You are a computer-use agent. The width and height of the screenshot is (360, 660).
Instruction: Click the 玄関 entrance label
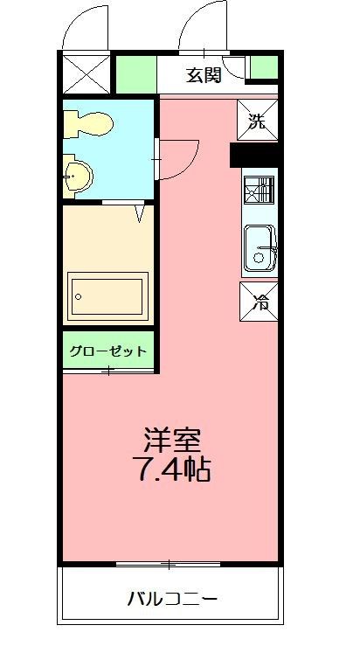203,75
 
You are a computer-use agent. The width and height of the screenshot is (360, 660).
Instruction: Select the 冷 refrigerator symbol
260,302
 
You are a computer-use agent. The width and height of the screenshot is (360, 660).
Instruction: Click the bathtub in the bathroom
107,295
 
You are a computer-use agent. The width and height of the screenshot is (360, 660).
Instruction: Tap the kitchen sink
260,247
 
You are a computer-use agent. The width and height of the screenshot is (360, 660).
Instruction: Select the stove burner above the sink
259,189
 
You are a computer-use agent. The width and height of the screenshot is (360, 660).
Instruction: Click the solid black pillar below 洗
253,155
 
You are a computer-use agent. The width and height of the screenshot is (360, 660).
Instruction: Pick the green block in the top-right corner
263,66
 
